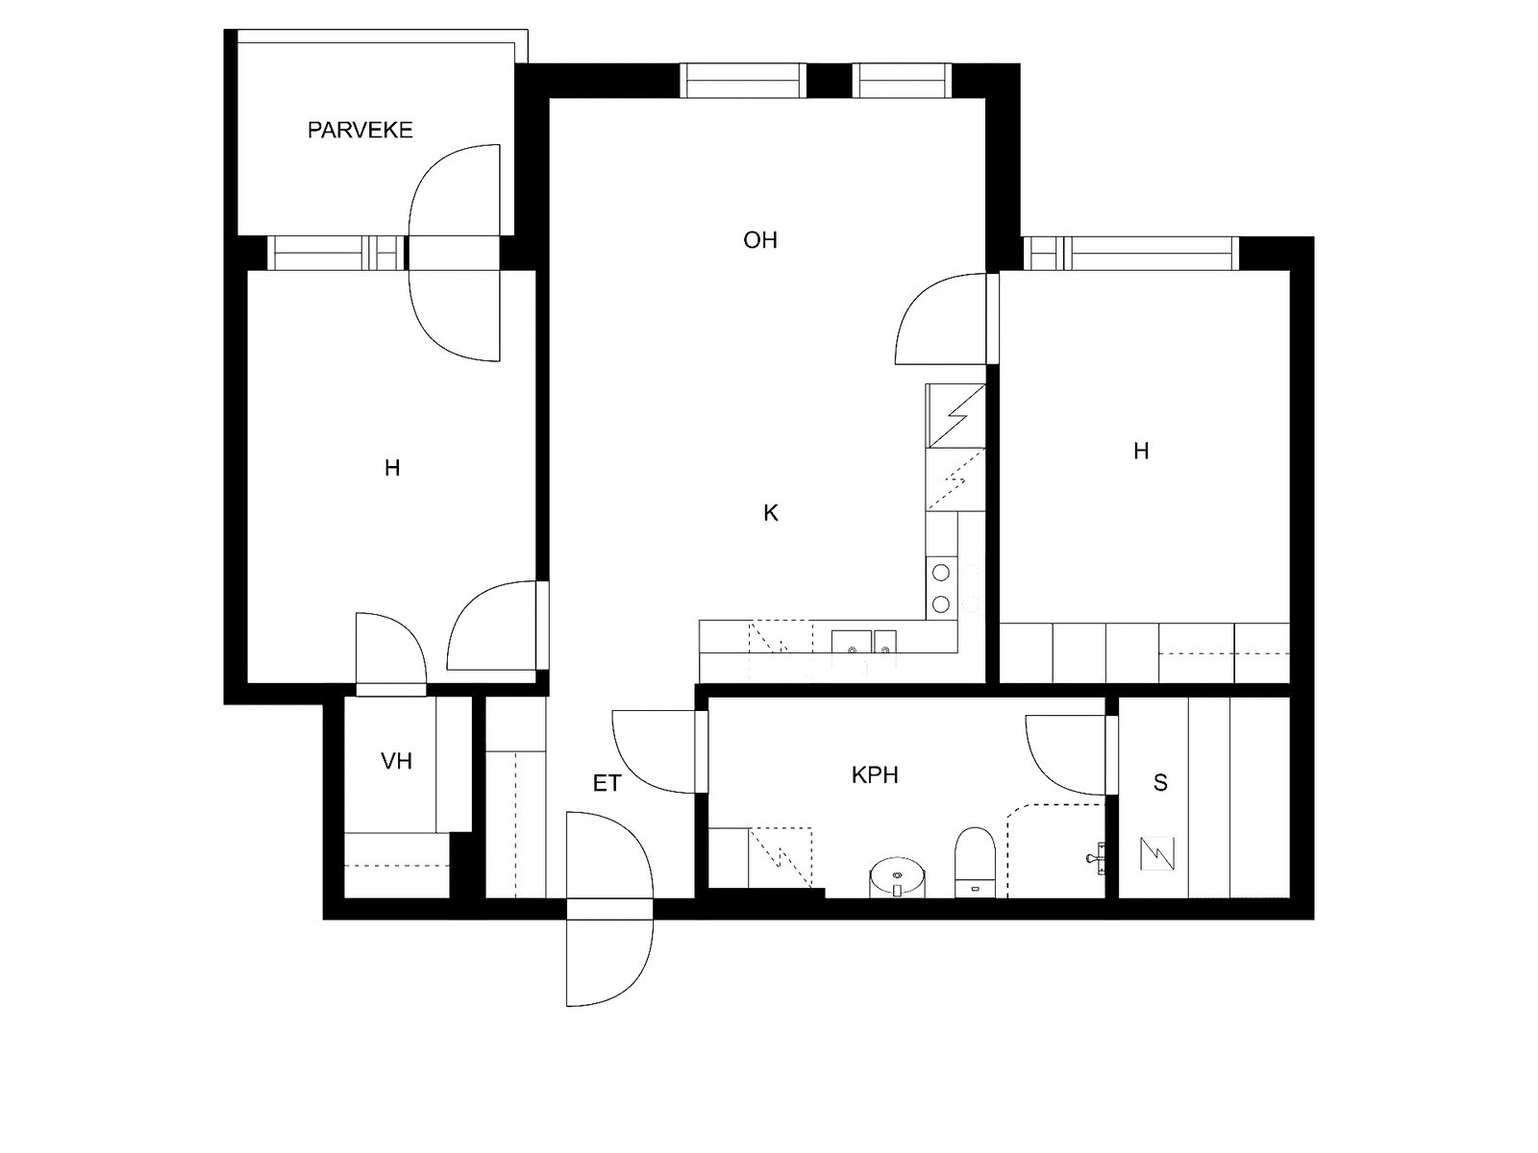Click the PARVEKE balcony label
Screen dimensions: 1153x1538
click(x=360, y=130)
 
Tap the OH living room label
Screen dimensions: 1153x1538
click(x=759, y=240)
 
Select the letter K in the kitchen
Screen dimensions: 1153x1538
click(x=770, y=513)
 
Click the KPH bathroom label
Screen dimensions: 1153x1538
click(x=875, y=774)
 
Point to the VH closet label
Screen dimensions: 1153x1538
click(x=396, y=761)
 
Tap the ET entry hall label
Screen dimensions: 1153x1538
click(x=607, y=784)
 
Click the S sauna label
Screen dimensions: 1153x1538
click(x=1160, y=783)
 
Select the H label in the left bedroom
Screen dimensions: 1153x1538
click(x=391, y=469)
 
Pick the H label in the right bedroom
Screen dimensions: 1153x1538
click(x=1141, y=451)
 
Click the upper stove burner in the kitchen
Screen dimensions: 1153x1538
click(x=941, y=573)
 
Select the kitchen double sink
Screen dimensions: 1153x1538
click(x=864, y=642)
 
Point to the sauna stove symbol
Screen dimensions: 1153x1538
click(x=1158, y=852)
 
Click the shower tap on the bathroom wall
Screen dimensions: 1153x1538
click(x=1098, y=854)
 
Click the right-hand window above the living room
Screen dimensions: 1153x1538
click(x=901, y=80)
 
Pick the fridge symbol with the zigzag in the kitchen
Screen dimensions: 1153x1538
click(x=955, y=415)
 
